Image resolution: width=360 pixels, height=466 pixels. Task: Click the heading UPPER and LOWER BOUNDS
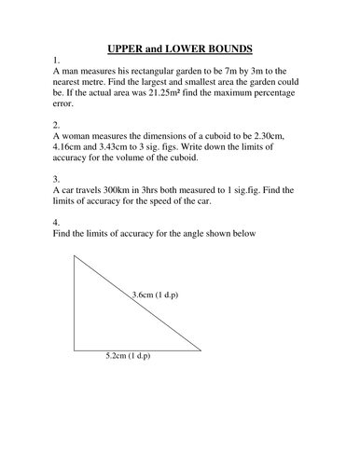point(180,47)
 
